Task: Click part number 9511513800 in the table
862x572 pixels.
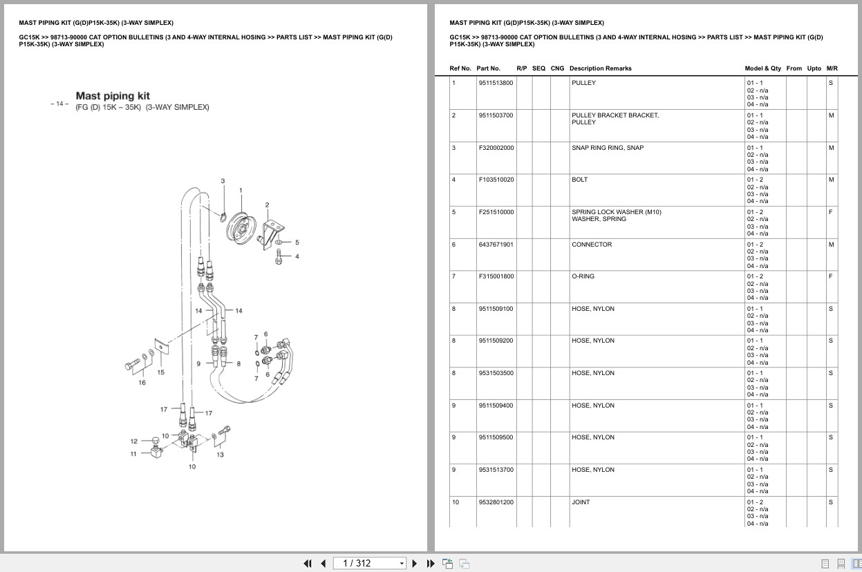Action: pyautogui.click(x=496, y=83)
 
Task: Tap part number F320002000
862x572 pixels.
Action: pyautogui.click(x=496, y=148)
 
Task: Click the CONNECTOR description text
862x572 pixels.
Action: pyautogui.click(x=591, y=245)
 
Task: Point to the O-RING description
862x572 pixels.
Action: pyautogui.click(x=583, y=276)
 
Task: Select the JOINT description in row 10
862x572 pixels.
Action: pyautogui.click(x=581, y=502)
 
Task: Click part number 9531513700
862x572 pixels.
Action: pyautogui.click(x=496, y=470)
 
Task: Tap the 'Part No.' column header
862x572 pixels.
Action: pyautogui.click(x=488, y=68)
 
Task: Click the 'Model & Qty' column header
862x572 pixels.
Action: pyautogui.click(x=762, y=68)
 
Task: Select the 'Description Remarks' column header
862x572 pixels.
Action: pyautogui.click(x=600, y=68)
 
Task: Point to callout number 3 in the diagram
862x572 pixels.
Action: pyautogui.click(x=223, y=181)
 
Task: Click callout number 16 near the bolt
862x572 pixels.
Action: pyautogui.click(x=142, y=382)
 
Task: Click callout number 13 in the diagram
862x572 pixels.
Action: pyautogui.click(x=220, y=455)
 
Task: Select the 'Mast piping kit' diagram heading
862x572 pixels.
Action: pyautogui.click(x=113, y=96)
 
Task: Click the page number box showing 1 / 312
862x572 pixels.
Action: pyautogui.click(x=368, y=563)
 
